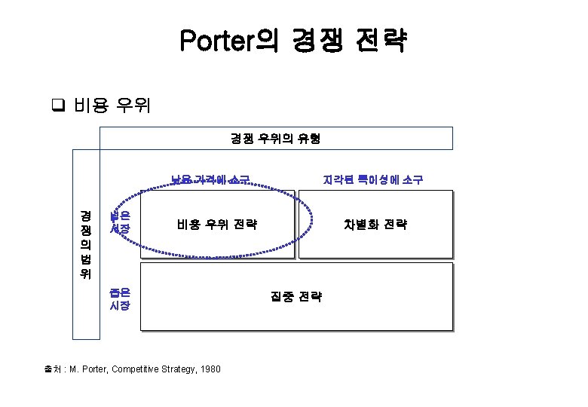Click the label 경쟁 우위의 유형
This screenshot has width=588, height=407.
[275, 138]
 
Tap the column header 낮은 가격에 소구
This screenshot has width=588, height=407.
[210, 179]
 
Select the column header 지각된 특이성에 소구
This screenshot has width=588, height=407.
[372, 179]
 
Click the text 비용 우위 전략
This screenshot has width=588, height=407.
[216, 224]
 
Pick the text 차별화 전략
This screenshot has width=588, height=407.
[375, 224]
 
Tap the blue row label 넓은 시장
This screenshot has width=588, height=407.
[120, 222]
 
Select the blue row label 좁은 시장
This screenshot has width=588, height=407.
[120, 298]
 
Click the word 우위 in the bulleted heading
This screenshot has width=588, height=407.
[133, 105]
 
